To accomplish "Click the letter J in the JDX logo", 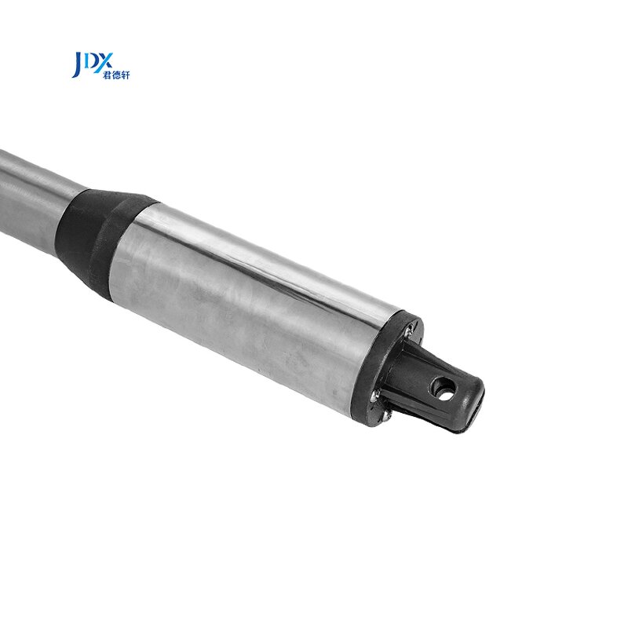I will pos(77,64).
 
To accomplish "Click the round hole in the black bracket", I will pos(444,387).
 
